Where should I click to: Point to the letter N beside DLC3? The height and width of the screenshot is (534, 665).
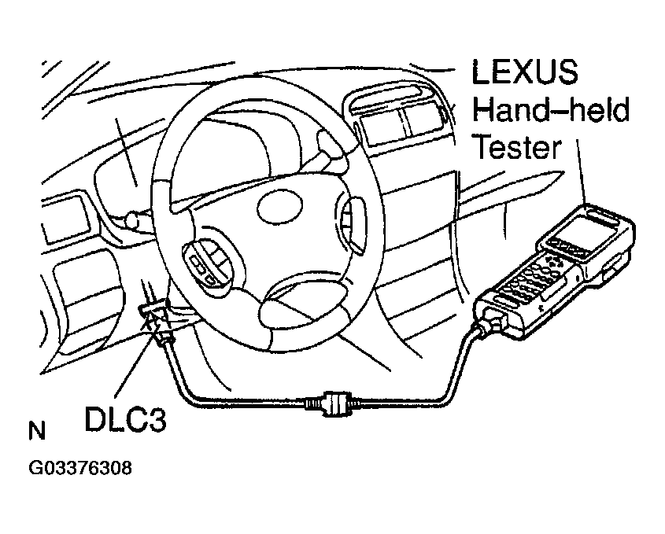coord(36,432)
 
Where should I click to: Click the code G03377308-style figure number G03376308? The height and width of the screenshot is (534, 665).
coord(79,469)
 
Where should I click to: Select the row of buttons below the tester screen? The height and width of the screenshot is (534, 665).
coord(569,249)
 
